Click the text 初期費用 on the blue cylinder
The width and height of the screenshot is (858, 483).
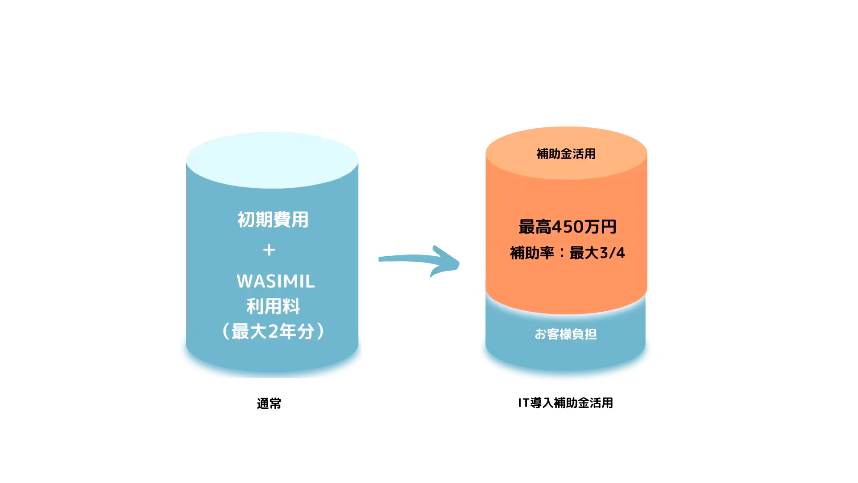[x=273, y=220]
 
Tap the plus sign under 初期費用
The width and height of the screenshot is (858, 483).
[x=269, y=250]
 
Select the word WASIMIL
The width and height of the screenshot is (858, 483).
[x=276, y=281]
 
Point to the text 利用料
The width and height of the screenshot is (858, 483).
[x=273, y=306]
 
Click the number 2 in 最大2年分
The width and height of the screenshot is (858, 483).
[x=273, y=331]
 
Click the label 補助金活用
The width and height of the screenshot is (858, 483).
[x=566, y=154]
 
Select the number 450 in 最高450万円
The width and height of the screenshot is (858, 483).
[x=568, y=227]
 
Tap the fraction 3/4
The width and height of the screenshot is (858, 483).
[x=612, y=253]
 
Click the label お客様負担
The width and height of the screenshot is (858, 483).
[x=566, y=334]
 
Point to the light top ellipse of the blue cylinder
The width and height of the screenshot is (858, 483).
[x=272, y=159]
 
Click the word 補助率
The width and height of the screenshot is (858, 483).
[x=532, y=253]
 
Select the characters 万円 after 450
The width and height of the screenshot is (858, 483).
[x=600, y=227]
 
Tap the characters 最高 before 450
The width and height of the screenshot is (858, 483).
[x=535, y=227]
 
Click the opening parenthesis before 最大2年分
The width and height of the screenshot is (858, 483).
[x=226, y=331]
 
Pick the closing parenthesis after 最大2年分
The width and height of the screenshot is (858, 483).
[x=320, y=331]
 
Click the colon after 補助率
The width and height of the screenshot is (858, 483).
[x=562, y=253]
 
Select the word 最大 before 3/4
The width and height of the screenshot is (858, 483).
[x=584, y=253]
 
